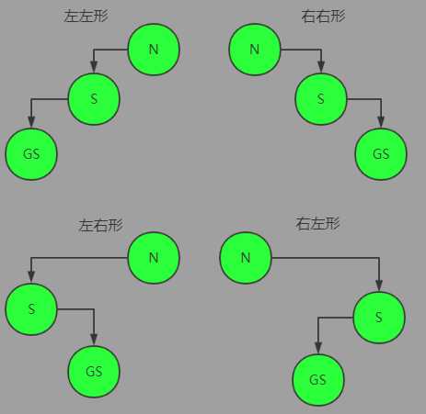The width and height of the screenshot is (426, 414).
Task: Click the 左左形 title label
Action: pos(86,16)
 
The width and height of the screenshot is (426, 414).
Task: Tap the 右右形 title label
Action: pos(323,16)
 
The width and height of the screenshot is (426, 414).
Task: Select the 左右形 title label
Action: pos(101,226)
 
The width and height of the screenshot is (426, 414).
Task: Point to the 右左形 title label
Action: pos(317,223)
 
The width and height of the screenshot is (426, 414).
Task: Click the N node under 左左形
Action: pos(154,50)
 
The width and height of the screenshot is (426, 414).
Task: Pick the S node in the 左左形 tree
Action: pos(94,99)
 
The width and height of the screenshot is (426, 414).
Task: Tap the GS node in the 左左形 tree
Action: pos(31,154)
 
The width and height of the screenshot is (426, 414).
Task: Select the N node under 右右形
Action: pos(255,50)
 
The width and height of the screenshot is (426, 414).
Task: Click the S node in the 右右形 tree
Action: pos(321,99)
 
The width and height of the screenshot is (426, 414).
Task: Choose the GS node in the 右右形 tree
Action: pos(381,154)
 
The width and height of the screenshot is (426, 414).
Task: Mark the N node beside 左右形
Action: pos(154,258)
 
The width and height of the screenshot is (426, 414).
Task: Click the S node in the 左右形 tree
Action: pos(31,309)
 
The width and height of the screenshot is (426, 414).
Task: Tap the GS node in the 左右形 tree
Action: pos(94,372)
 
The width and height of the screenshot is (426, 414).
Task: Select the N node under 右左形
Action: pos(246,258)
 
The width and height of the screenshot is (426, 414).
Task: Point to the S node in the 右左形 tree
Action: pos(379,318)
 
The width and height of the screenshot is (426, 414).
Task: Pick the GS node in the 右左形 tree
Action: pos(318,380)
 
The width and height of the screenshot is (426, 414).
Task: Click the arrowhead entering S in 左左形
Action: pos(94,67)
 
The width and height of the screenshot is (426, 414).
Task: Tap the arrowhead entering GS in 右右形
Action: pos(381,122)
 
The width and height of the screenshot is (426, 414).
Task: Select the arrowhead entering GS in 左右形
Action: pos(94,340)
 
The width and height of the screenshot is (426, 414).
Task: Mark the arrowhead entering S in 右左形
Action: pos(379,285)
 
